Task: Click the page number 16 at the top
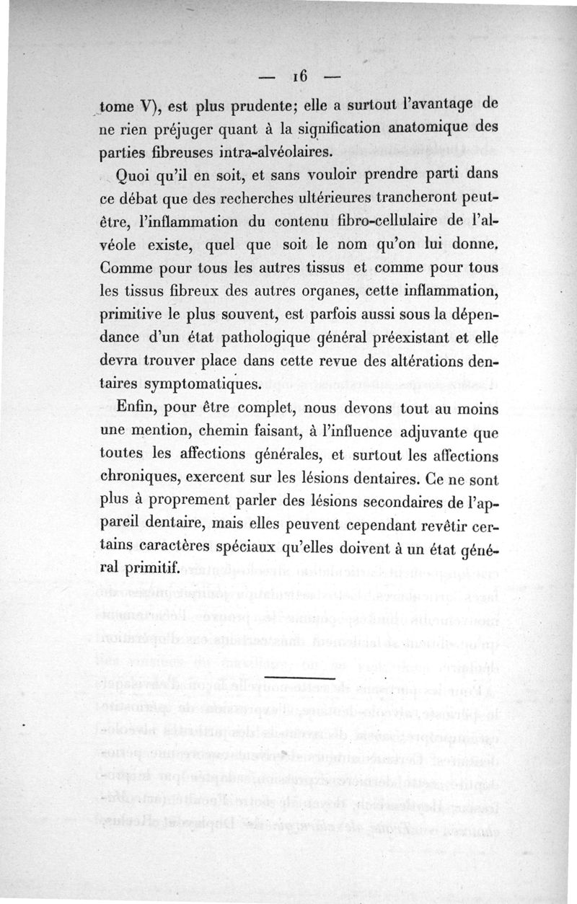[x=299, y=76]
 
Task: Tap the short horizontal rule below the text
[x=300, y=678]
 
